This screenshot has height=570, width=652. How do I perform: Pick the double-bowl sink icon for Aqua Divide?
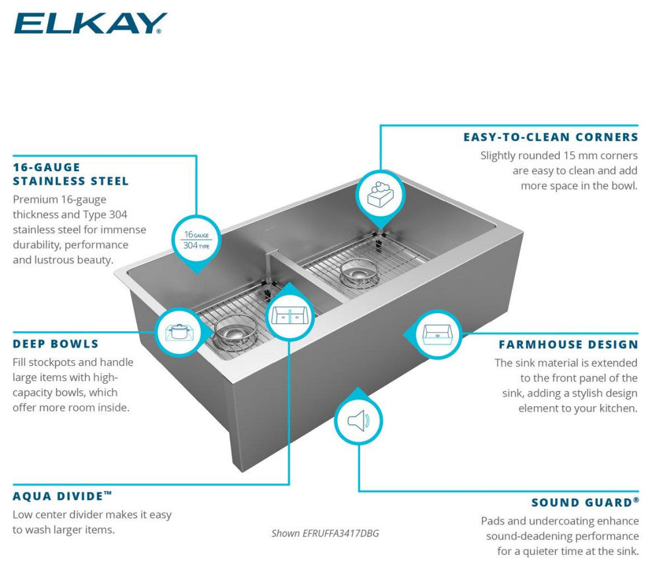[289, 317]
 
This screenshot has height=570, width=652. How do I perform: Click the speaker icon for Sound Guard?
[358, 421]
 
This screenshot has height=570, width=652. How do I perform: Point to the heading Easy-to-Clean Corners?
[551, 138]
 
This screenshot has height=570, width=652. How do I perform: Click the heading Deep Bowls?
[55, 344]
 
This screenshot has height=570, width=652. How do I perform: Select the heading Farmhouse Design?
[568, 344]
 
